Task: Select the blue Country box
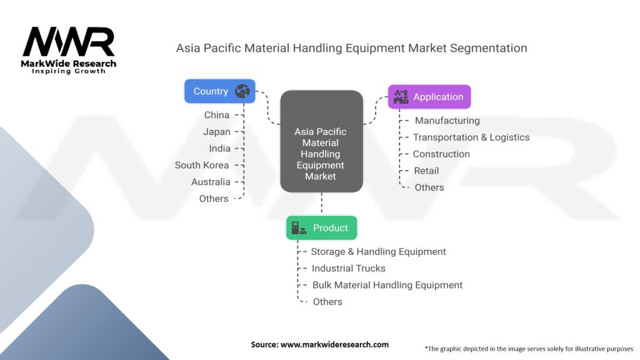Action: coord(219,91)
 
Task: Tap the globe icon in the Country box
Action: coord(242,91)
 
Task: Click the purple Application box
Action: coord(429,97)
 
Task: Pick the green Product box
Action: coord(321,228)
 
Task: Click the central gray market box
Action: coord(321,141)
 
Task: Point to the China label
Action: coord(216,115)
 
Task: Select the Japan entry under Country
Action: coord(216,132)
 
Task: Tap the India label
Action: coord(219,149)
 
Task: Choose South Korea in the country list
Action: coord(202,165)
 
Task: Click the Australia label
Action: coord(211,182)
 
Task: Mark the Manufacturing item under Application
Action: coord(447,121)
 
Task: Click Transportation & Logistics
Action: coord(471,137)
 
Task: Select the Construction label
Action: coord(441,154)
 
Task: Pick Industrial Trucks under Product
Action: coord(349,268)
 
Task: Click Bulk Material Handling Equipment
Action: coord(387,285)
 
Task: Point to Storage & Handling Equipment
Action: coord(378,252)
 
